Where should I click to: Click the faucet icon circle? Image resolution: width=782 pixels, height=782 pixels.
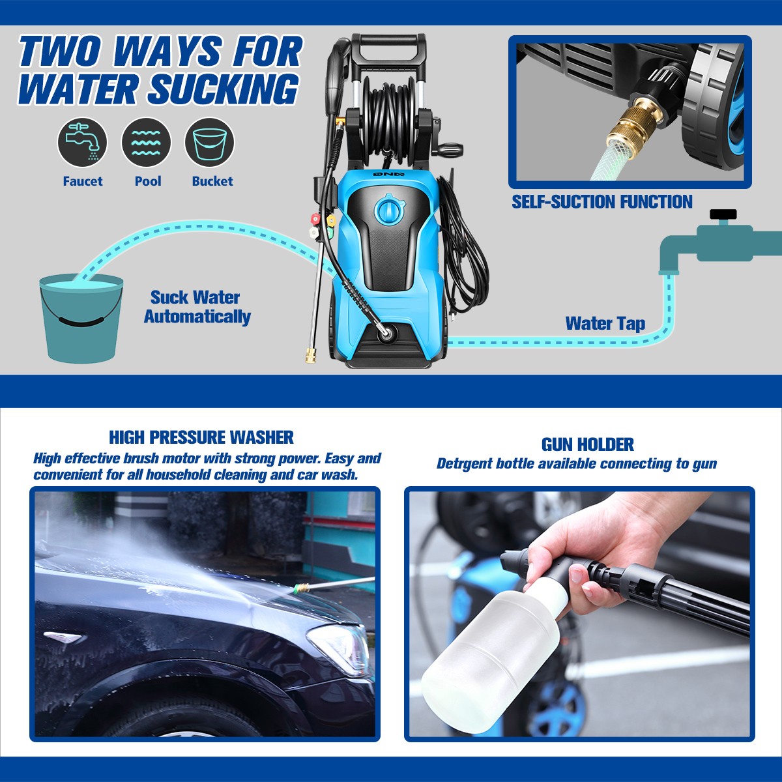pyautogui.click(x=82, y=143)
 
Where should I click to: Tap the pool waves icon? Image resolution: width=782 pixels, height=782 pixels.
pyautogui.click(x=146, y=143)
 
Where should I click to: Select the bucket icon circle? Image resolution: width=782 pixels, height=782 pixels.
pyautogui.click(x=210, y=143)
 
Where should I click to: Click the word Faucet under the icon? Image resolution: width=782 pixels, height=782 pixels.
pyautogui.click(x=83, y=181)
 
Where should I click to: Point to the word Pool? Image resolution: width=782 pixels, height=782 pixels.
pyautogui.click(x=148, y=181)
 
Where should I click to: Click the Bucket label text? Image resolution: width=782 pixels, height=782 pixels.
pyautogui.click(x=212, y=181)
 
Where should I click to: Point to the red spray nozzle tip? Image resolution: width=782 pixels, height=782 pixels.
pyautogui.click(x=315, y=219)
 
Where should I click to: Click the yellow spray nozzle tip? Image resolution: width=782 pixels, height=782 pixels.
pyautogui.click(x=331, y=221)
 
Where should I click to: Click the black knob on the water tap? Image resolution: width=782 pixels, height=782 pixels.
pyautogui.click(x=723, y=214)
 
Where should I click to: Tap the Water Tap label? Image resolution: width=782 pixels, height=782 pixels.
pyautogui.click(x=605, y=323)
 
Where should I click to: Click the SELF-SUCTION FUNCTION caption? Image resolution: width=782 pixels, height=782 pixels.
pyautogui.click(x=602, y=201)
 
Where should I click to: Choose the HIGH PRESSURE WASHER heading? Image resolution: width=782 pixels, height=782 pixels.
pyautogui.click(x=201, y=437)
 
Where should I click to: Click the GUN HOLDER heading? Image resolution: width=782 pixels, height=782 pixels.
pyautogui.click(x=587, y=445)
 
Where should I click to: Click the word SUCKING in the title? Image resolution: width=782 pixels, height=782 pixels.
pyautogui.click(x=224, y=89)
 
